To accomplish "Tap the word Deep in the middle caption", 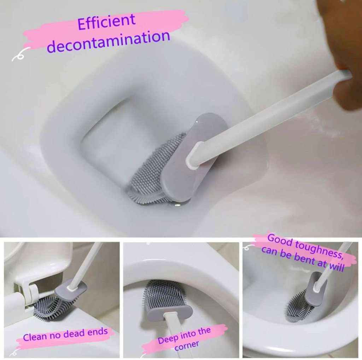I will point(168,339).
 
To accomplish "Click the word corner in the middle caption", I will point(187,344).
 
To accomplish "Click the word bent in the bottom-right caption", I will point(305,260).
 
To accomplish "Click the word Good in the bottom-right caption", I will point(279,239).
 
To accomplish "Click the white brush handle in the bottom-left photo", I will point(85,262).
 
